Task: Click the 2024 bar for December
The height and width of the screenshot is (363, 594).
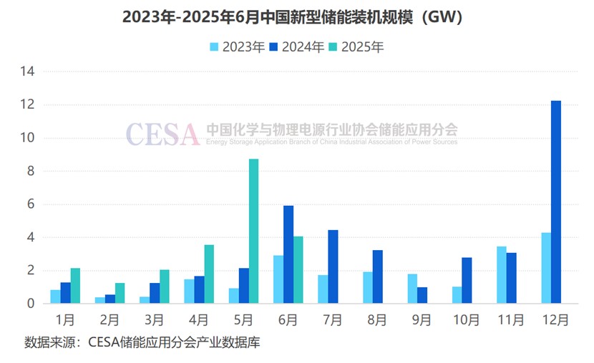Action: (556, 202)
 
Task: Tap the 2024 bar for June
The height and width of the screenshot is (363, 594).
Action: (288, 254)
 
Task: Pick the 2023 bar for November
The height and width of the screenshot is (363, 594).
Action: (501, 275)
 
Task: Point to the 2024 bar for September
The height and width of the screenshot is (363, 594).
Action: (422, 295)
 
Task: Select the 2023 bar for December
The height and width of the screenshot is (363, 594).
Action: (546, 268)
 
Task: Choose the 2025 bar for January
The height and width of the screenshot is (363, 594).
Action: (75, 286)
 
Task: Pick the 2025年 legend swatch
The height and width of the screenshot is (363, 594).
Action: (333, 47)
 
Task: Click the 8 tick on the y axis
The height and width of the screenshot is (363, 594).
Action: (31, 171)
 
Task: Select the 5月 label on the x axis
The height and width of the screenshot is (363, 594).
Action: (243, 320)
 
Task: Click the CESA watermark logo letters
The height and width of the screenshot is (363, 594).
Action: (162, 133)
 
